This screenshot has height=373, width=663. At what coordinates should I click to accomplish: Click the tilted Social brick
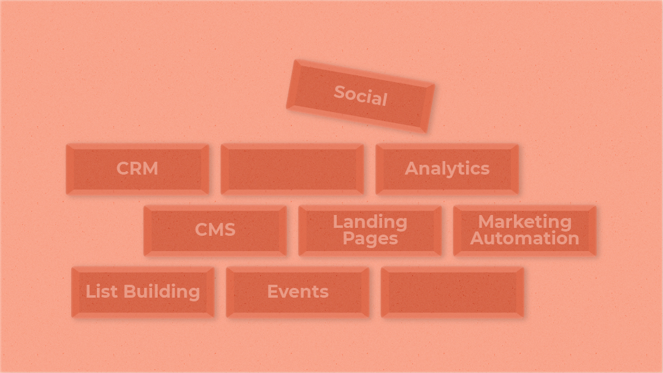[361, 96]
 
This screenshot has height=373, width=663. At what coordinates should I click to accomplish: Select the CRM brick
[137, 169]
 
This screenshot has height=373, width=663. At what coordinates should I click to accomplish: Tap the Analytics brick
[447, 169]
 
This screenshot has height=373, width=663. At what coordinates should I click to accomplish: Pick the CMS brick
[215, 230]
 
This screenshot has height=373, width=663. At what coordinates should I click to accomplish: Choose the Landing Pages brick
[370, 230]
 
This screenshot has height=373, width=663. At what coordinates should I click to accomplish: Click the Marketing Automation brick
[524, 230]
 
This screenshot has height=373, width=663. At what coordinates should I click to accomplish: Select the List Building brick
[143, 292]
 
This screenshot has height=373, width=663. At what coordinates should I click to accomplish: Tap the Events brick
[297, 292]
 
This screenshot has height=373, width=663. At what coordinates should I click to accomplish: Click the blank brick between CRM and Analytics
[292, 169]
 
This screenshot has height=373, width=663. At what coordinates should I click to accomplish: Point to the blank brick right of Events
[452, 292]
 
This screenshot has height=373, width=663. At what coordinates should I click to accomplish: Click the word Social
[361, 96]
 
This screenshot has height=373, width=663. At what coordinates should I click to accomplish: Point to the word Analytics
[447, 168]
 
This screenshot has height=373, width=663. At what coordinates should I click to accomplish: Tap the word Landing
[370, 221]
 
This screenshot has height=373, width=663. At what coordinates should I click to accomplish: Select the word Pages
[370, 238]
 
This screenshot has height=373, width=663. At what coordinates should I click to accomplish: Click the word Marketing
[524, 221]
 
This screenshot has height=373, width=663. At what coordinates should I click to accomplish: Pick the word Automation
[524, 238]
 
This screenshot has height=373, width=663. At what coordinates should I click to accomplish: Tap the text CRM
[137, 168]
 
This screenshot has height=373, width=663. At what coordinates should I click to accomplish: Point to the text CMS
[215, 230]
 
